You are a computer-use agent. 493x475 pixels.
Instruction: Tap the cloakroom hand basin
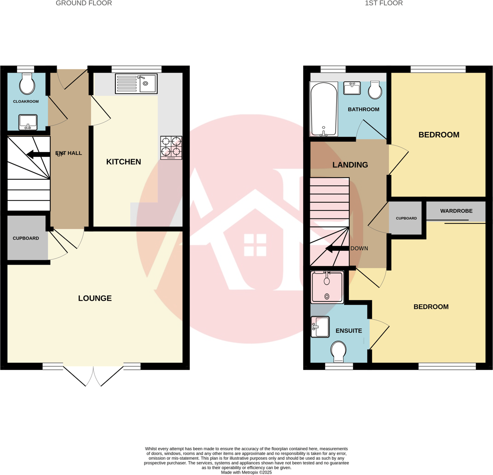(x=28, y=122)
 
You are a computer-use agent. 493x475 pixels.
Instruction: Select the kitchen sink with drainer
(x=136, y=83)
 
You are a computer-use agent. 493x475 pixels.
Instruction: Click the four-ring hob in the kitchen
(x=171, y=147)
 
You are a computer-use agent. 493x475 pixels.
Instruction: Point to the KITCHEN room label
(x=123, y=162)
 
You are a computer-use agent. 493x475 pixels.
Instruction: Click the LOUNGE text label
(x=95, y=298)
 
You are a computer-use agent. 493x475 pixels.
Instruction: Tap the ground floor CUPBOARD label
(x=26, y=238)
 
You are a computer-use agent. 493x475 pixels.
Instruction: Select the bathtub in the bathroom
(x=323, y=109)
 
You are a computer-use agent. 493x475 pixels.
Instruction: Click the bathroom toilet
(x=375, y=90)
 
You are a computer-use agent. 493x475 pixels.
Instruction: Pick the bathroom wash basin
(x=352, y=88)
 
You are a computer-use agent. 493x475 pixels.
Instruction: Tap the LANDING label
(x=350, y=165)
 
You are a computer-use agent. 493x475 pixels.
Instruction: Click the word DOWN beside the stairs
(x=360, y=248)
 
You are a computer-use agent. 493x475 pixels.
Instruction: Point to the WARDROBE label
(x=456, y=211)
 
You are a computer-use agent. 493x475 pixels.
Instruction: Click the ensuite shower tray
(x=327, y=287)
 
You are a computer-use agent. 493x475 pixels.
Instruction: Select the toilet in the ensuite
(x=339, y=351)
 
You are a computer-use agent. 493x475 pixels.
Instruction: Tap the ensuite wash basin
(x=320, y=327)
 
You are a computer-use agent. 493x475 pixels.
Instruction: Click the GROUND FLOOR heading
(x=84, y=4)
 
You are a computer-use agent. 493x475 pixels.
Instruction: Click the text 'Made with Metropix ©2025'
(x=246, y=472)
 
